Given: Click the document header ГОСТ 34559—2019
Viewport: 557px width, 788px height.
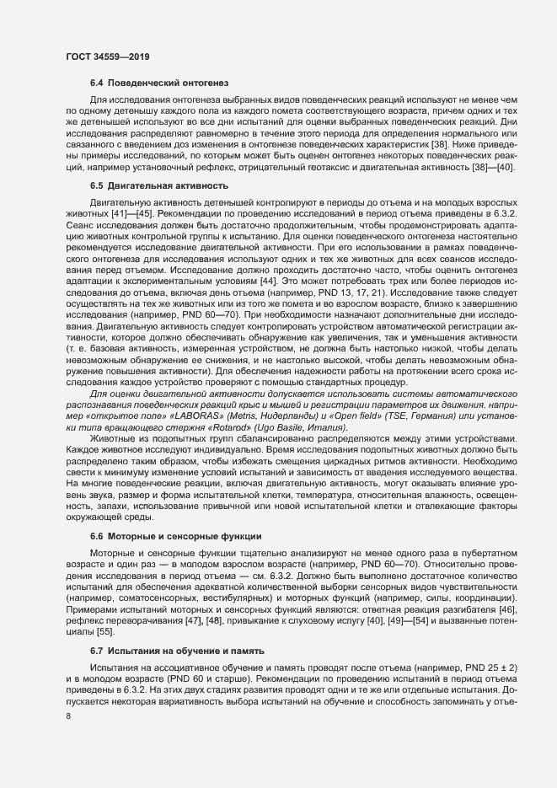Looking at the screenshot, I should (104, 56).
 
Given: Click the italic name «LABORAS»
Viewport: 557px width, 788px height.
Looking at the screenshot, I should (219, 415).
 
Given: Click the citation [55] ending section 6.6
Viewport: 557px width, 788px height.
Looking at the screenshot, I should (105, 631).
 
